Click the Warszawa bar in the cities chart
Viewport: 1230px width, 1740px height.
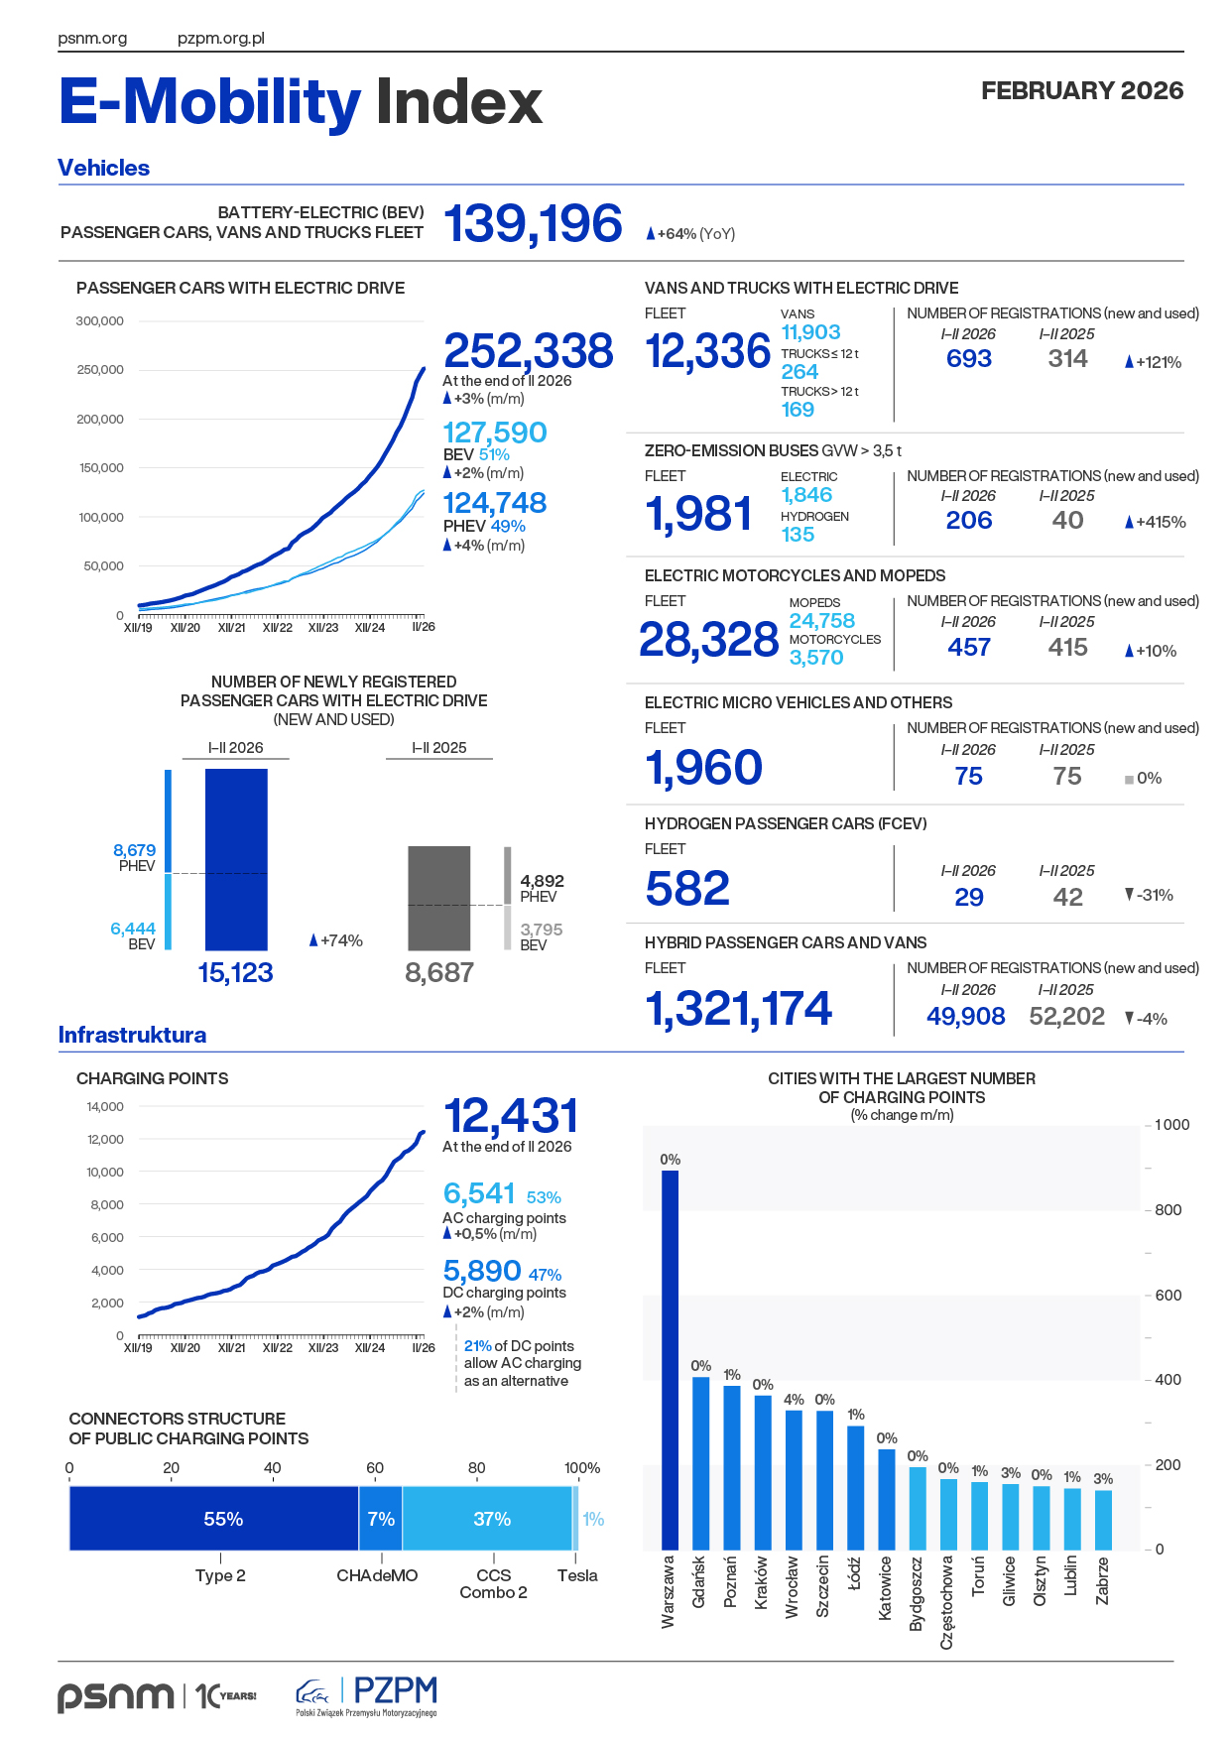(x=671, y=1359)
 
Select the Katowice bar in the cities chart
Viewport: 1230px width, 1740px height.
(x=886, y=1499)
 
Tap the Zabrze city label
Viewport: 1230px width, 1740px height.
(x=1102, y=1580)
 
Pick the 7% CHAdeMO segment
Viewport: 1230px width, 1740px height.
(x=381, y=1519)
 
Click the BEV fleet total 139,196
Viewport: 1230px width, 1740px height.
(x=534, y=223)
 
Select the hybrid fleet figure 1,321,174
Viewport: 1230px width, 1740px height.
(x=739, y=1009)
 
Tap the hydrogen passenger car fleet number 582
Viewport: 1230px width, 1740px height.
(x=687, y=888)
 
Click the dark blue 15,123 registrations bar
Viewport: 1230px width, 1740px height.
(x=236, y=859)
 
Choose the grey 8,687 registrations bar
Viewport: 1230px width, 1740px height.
(x=439, y=898)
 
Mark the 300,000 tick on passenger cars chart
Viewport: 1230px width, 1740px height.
(x=99, y=321)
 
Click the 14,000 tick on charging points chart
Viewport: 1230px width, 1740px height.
(x=105, y=1107)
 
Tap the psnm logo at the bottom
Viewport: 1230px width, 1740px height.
(x=115, y=1695)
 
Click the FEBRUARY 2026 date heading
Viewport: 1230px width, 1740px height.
(x=1082, y=91)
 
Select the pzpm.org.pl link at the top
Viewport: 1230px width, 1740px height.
(x=221, y=39)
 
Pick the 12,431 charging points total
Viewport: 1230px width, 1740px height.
(x=511, y=1116)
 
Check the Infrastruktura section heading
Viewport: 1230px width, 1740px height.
(x=132, y=1035)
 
